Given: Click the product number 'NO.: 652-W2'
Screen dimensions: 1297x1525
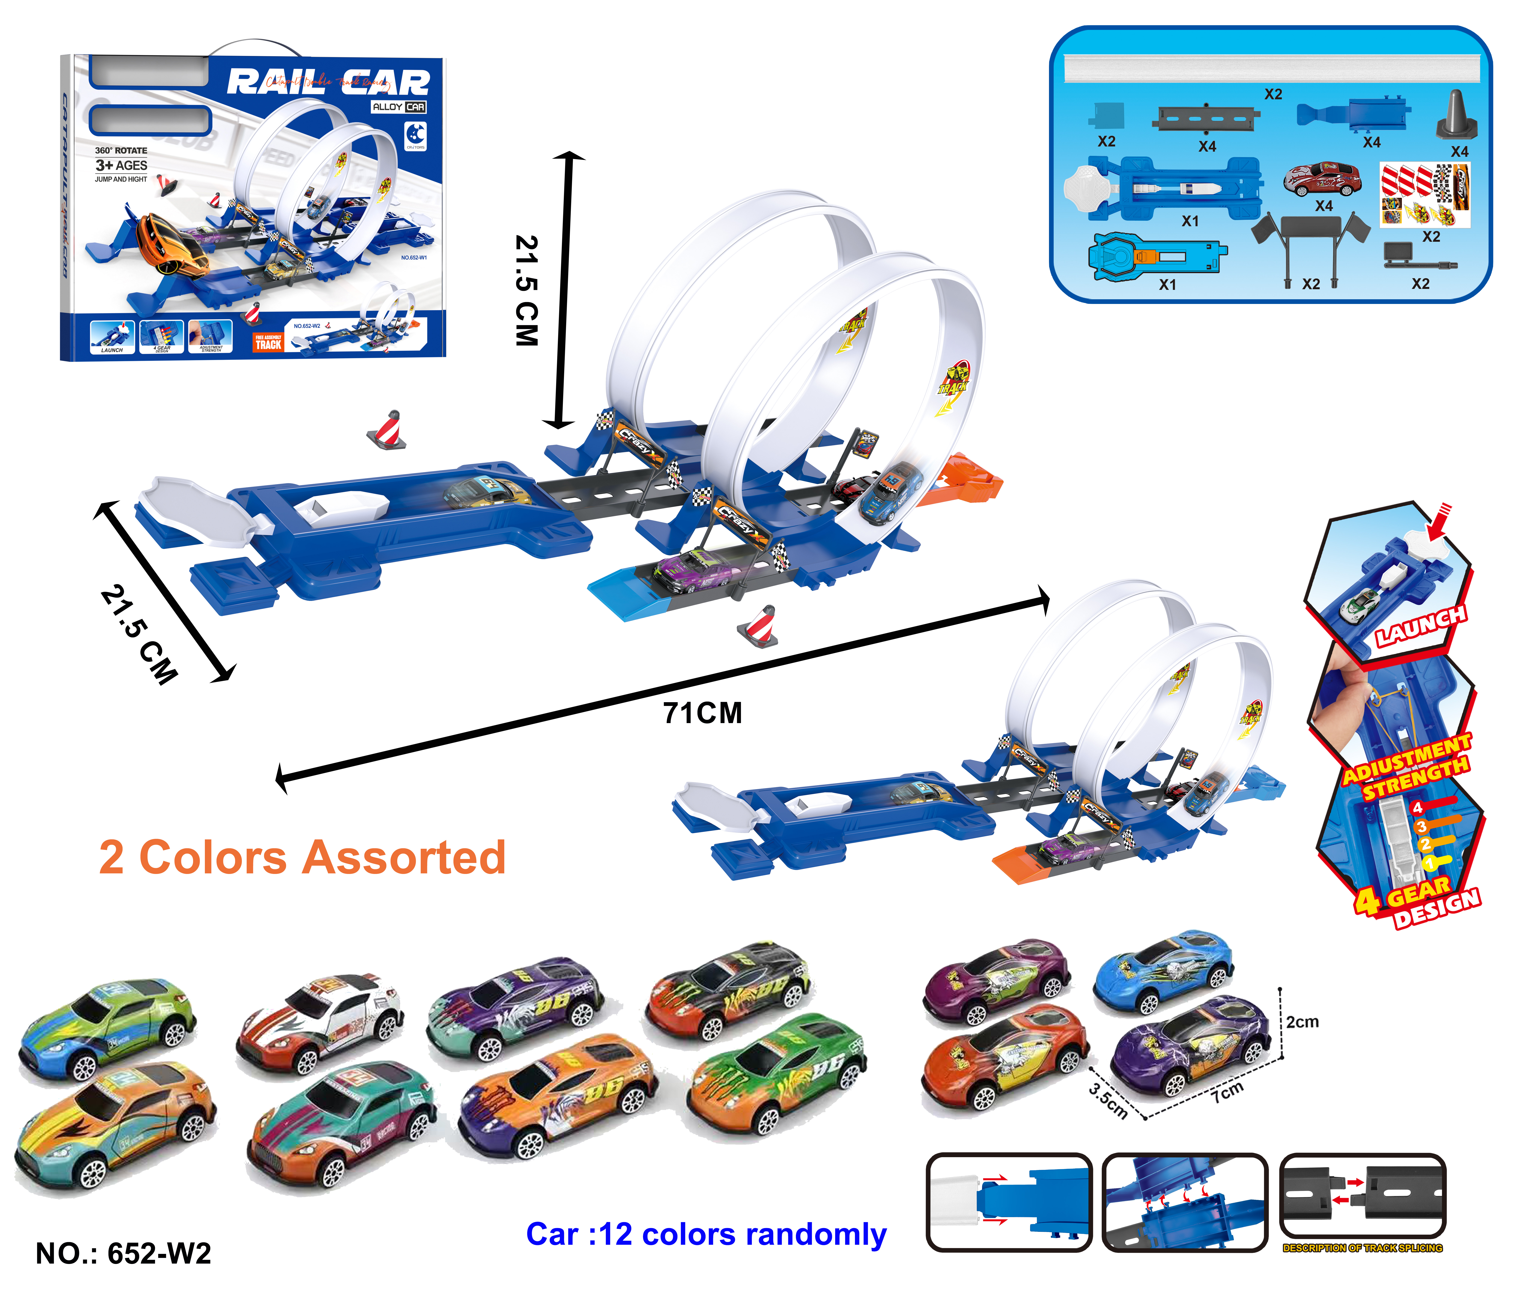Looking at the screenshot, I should [123, 1253].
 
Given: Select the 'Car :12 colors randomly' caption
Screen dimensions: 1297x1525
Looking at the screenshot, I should [706, 1234].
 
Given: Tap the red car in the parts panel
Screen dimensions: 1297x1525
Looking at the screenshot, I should [1321, 179].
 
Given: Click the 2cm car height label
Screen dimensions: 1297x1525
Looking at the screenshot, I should [1302, 1022].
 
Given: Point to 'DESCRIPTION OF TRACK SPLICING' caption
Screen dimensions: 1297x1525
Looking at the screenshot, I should [1362, 1248].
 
